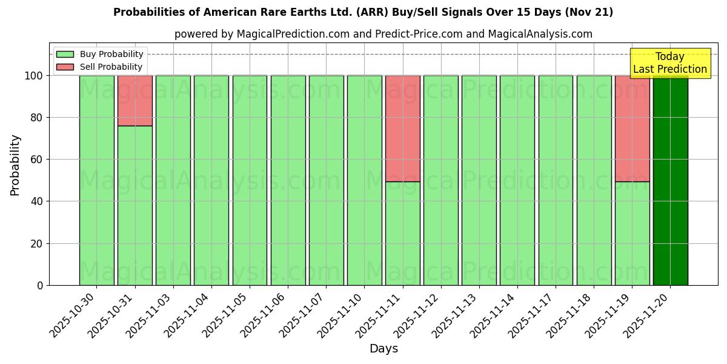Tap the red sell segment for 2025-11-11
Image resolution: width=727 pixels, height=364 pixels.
(402, 128)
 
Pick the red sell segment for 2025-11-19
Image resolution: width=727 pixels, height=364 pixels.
(632, 128)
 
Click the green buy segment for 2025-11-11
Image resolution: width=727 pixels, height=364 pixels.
(402, 234)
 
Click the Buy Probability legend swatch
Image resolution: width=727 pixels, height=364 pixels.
(65, 54)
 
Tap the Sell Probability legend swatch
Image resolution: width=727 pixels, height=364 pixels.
(65, 67)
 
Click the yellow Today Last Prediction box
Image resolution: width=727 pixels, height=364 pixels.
(669, 63)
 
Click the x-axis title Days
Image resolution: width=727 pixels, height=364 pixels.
(383, 349)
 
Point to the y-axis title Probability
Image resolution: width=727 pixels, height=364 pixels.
(15, 165)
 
